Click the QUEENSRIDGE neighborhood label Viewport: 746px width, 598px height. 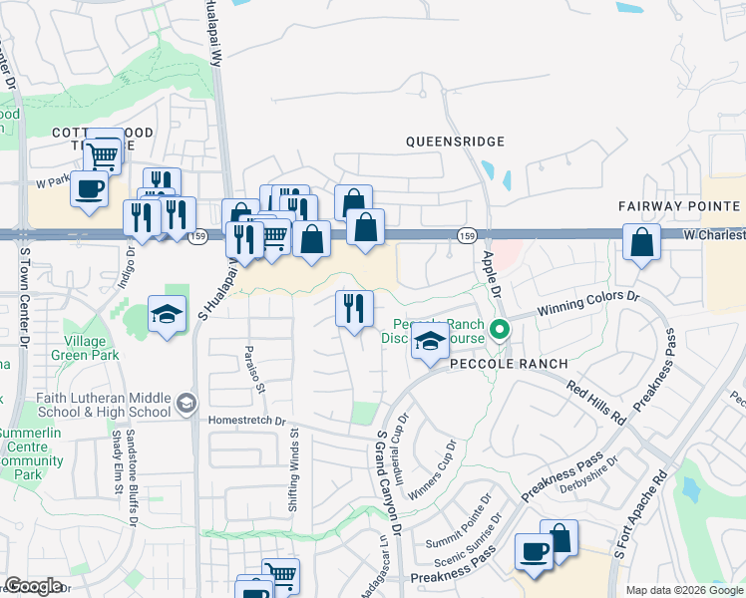(455, 142)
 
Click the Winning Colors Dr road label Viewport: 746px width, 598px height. (587, 303)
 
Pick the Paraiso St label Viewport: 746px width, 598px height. (254, 370)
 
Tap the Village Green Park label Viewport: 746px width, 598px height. (86, 347)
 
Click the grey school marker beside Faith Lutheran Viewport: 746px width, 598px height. (185, 403)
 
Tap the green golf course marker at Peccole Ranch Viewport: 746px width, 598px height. (501, 328)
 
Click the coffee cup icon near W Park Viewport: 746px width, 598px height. (90, 187)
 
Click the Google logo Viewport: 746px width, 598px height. (33, 587)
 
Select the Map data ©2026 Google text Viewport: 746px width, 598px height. (684, 590)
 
